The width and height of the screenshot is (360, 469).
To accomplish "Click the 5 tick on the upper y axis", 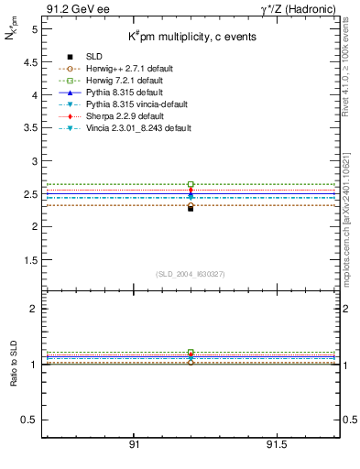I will coord(33,29).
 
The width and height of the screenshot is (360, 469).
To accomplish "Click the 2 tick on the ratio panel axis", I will coord(33,309).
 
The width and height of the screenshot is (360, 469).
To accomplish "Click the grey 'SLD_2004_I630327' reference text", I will coord(190,274).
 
